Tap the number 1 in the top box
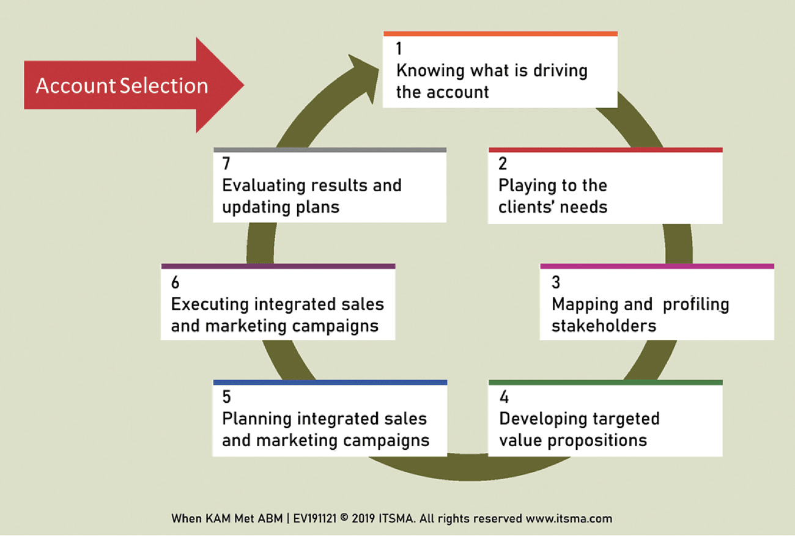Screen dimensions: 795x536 click(399, 49)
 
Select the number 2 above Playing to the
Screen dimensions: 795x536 click(503, 164)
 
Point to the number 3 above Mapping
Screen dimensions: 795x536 click(556, 282)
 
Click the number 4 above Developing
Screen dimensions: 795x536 click(504, 397)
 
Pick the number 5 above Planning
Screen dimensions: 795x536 click(227, 397)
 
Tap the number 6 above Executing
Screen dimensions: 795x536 click(176, 282)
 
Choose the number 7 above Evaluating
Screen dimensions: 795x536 click(226, 164)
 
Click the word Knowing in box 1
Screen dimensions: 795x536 click(431, 71)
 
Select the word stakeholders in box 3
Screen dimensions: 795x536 click(604, 326)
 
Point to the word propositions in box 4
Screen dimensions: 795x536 click(597, 441)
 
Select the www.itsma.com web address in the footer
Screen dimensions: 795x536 click(569, 519)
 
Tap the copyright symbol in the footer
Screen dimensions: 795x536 click(344, 518)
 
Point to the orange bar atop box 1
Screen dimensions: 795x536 click(500, 34)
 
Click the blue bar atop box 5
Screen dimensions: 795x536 click(330, 383)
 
